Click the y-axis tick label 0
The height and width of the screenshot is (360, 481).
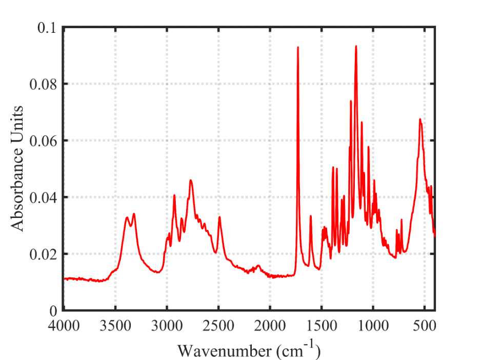point(53,311)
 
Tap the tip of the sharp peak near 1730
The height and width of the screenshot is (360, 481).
point(298,47)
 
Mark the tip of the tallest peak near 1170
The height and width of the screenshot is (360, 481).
point(356,46)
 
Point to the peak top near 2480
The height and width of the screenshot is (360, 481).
point(219,217)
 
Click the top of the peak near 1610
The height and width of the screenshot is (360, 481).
point(311,216)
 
